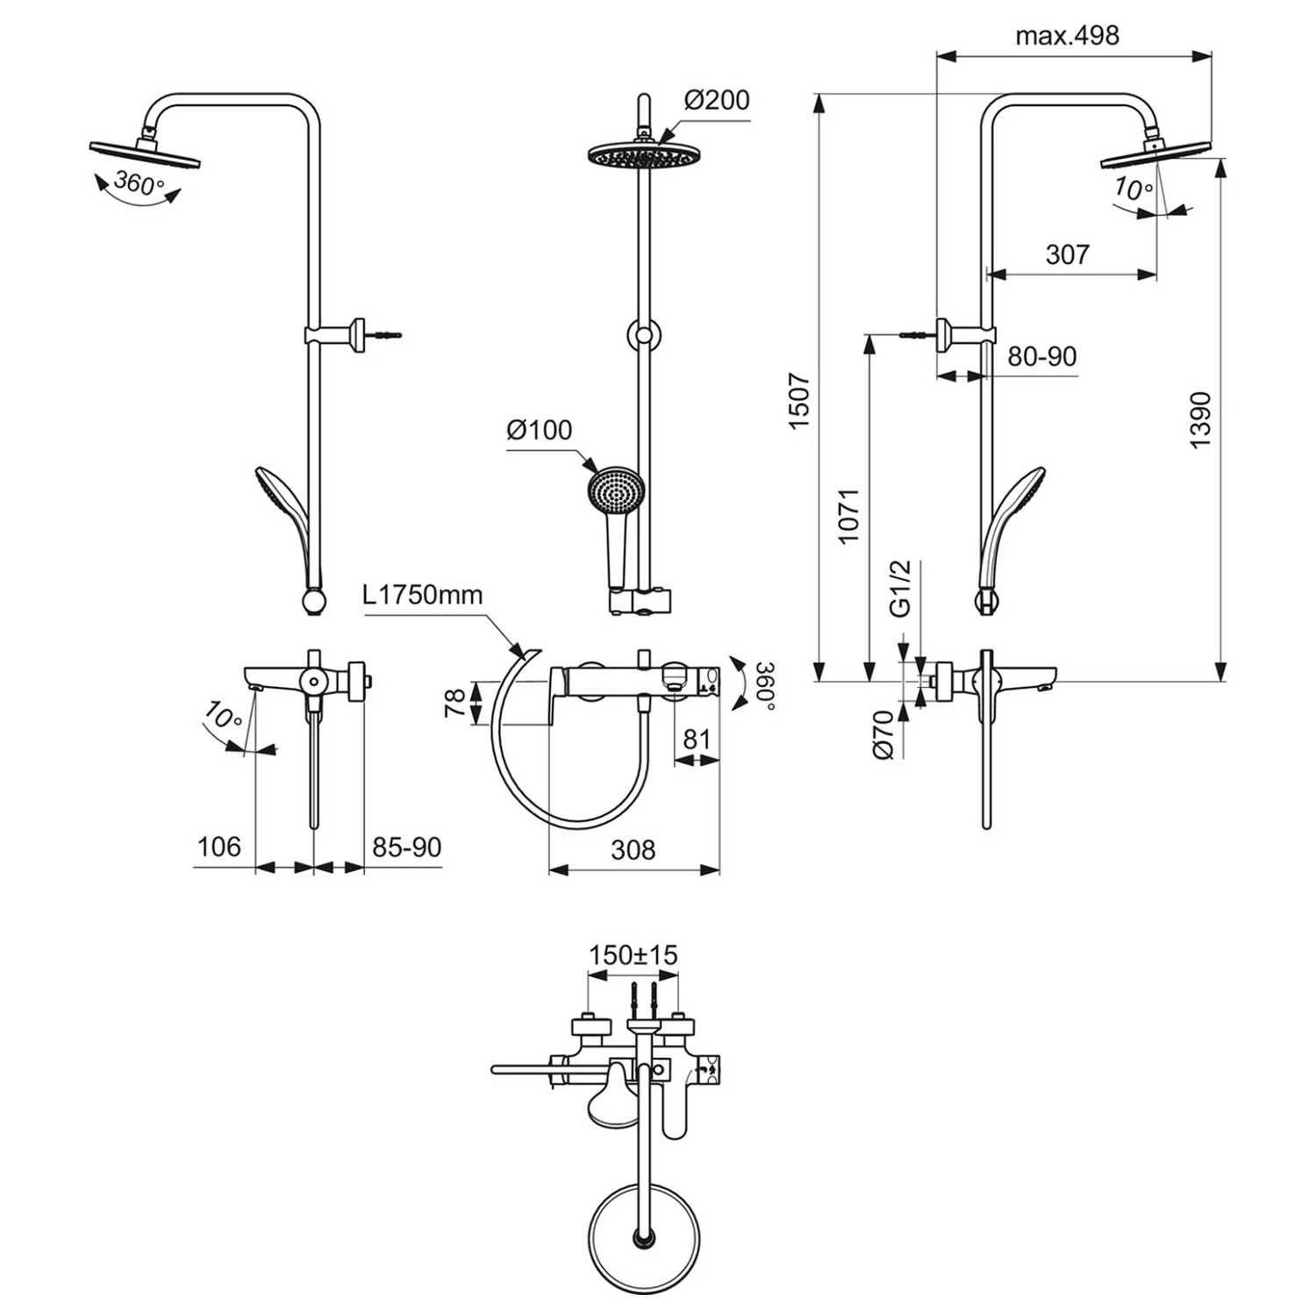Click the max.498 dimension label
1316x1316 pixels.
(1067, 36)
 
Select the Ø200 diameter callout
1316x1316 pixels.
(717, 101)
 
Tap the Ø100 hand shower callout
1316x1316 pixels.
(539, 431)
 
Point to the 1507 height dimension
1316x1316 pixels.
(799, 402)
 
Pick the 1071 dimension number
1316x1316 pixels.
(848, 516)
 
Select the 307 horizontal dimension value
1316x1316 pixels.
(1068, 254)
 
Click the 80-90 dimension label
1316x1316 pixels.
(1041, 356)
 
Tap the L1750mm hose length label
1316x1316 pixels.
(423, 595)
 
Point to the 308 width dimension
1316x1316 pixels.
(633, 849)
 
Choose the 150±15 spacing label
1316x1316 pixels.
(633, 955)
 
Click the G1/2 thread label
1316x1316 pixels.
(901, 589)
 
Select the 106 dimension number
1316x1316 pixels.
(218, 847)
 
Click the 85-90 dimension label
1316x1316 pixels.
(406, 848)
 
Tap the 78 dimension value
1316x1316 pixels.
(455, 704)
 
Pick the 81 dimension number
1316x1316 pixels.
(697, 740)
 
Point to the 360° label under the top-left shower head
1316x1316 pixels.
(139, 185)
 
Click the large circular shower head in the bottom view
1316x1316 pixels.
(645, 1238)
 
